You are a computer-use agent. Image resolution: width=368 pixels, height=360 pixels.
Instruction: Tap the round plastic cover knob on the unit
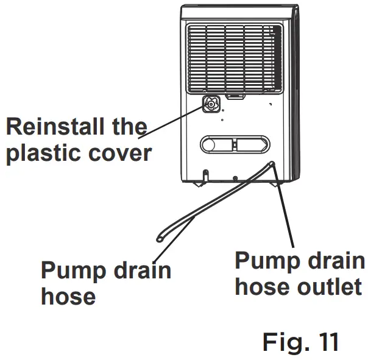click(x=211, y=105)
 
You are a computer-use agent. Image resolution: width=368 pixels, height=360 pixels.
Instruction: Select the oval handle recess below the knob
click(x=234, y=144)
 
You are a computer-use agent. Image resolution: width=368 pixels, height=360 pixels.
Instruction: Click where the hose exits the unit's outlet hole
click(x=271, y=164)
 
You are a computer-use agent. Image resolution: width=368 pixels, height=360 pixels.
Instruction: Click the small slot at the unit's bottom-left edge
click(x=206, y=173)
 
